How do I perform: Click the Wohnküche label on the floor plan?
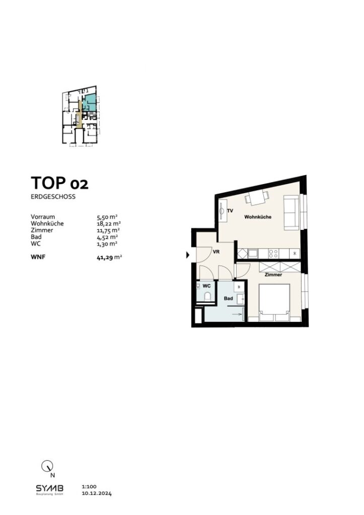click(x=258, y=217)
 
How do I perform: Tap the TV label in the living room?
click(x=230, y=211)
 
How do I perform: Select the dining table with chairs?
click(x=256, y=198)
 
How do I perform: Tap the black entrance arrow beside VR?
click(x=188, y=255)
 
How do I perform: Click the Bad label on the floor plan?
click(x=228, y=298)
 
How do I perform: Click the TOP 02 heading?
click(x=59, y=183)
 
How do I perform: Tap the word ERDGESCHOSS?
click(x=53, y=197)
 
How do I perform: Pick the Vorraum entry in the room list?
click(x=43, y=217)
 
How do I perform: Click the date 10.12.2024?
click(x=96, y=494)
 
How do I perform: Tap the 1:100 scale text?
click(x=88, y=487)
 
